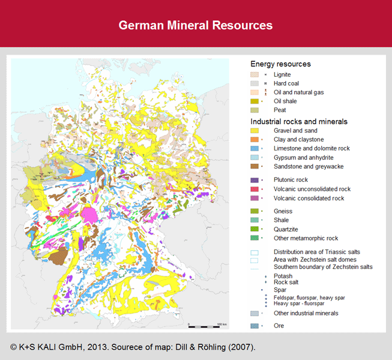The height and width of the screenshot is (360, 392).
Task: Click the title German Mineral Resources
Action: pos(196,25)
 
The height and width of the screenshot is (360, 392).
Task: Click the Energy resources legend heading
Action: pos(280,64)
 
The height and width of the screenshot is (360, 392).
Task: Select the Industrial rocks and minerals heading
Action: pos(299,121)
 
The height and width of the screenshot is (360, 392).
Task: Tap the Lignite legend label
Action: pos(283,74)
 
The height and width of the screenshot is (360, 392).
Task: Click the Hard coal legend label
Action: pos(286,83)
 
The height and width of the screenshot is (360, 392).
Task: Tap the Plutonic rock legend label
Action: pos(291,179)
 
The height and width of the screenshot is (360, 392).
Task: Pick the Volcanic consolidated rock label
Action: pos(309,198)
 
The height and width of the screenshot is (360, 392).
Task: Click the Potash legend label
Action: pos(283,276)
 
